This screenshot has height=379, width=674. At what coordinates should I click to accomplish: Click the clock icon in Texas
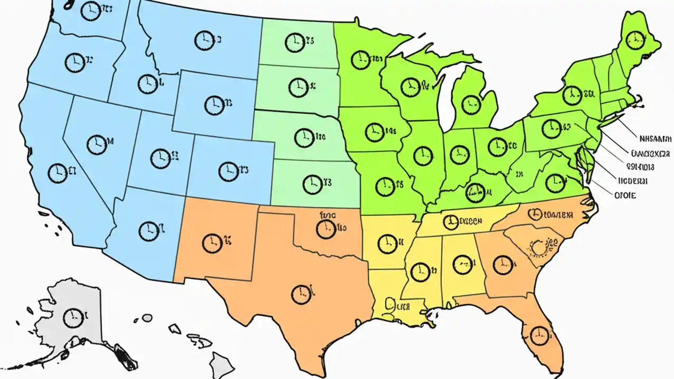tap(301, 294)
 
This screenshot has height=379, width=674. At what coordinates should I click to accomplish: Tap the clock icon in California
tap(57, 173)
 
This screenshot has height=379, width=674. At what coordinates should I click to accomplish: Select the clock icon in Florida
tap(538, 335)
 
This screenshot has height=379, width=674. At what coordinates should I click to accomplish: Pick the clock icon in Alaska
tap(72, 317)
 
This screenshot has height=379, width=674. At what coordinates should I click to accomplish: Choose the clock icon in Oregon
tap(74, 62)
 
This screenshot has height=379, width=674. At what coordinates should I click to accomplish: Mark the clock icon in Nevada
tap(97, 144)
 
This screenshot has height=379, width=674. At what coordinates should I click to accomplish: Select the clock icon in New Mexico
tap(212, 242)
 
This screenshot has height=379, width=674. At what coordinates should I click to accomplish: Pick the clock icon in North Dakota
tap(295, 42)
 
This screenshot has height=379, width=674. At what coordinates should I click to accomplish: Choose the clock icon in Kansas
tap(312, 184)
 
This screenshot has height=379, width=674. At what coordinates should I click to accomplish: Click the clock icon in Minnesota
tap(361, 59)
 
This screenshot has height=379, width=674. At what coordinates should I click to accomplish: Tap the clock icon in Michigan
tap(471, 105)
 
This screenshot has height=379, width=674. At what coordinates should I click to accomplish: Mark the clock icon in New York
tap(572, 95)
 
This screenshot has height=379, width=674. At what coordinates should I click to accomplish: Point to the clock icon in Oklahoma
tap(326, 229)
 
